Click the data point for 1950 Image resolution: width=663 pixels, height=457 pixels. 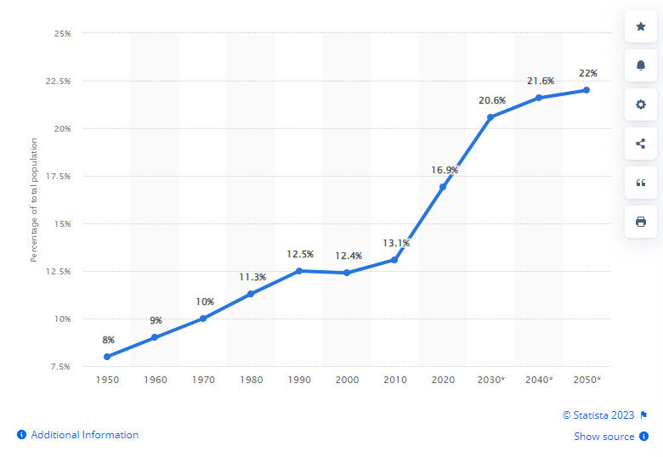[x=107, y=357]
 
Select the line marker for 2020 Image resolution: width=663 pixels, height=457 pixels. [x=443, y=187]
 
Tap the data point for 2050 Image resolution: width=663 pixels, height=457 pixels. [x=586, y=90]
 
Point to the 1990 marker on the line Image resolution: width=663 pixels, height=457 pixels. [x=299, y=271]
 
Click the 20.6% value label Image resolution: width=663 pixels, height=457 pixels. [x=492, y=100]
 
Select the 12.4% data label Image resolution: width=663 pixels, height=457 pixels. [x=348, y=256]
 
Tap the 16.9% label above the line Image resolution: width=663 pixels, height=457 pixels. [x=445, y=170]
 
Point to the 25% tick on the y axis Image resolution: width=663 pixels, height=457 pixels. [x=63, y=33]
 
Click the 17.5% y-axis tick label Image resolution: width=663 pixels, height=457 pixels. [x=59, y=176]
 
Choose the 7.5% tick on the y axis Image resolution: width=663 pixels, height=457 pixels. [x=60, y=367]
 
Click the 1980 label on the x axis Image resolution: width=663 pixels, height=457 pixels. [x=251, y=380]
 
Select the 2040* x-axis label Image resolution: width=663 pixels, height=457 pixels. [x=539, y=380]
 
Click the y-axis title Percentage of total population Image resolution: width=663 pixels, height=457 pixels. [x=34, y=200]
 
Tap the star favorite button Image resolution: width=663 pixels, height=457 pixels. [x=641, y=26]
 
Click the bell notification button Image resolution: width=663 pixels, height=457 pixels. [x=641, y=65]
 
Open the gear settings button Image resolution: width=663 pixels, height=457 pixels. [x=641, y=104]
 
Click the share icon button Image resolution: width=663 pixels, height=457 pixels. [x=641, y=144]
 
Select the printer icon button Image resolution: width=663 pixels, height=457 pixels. [x=641, y=222]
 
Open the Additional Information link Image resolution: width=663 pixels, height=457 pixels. [x=78, y=435]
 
